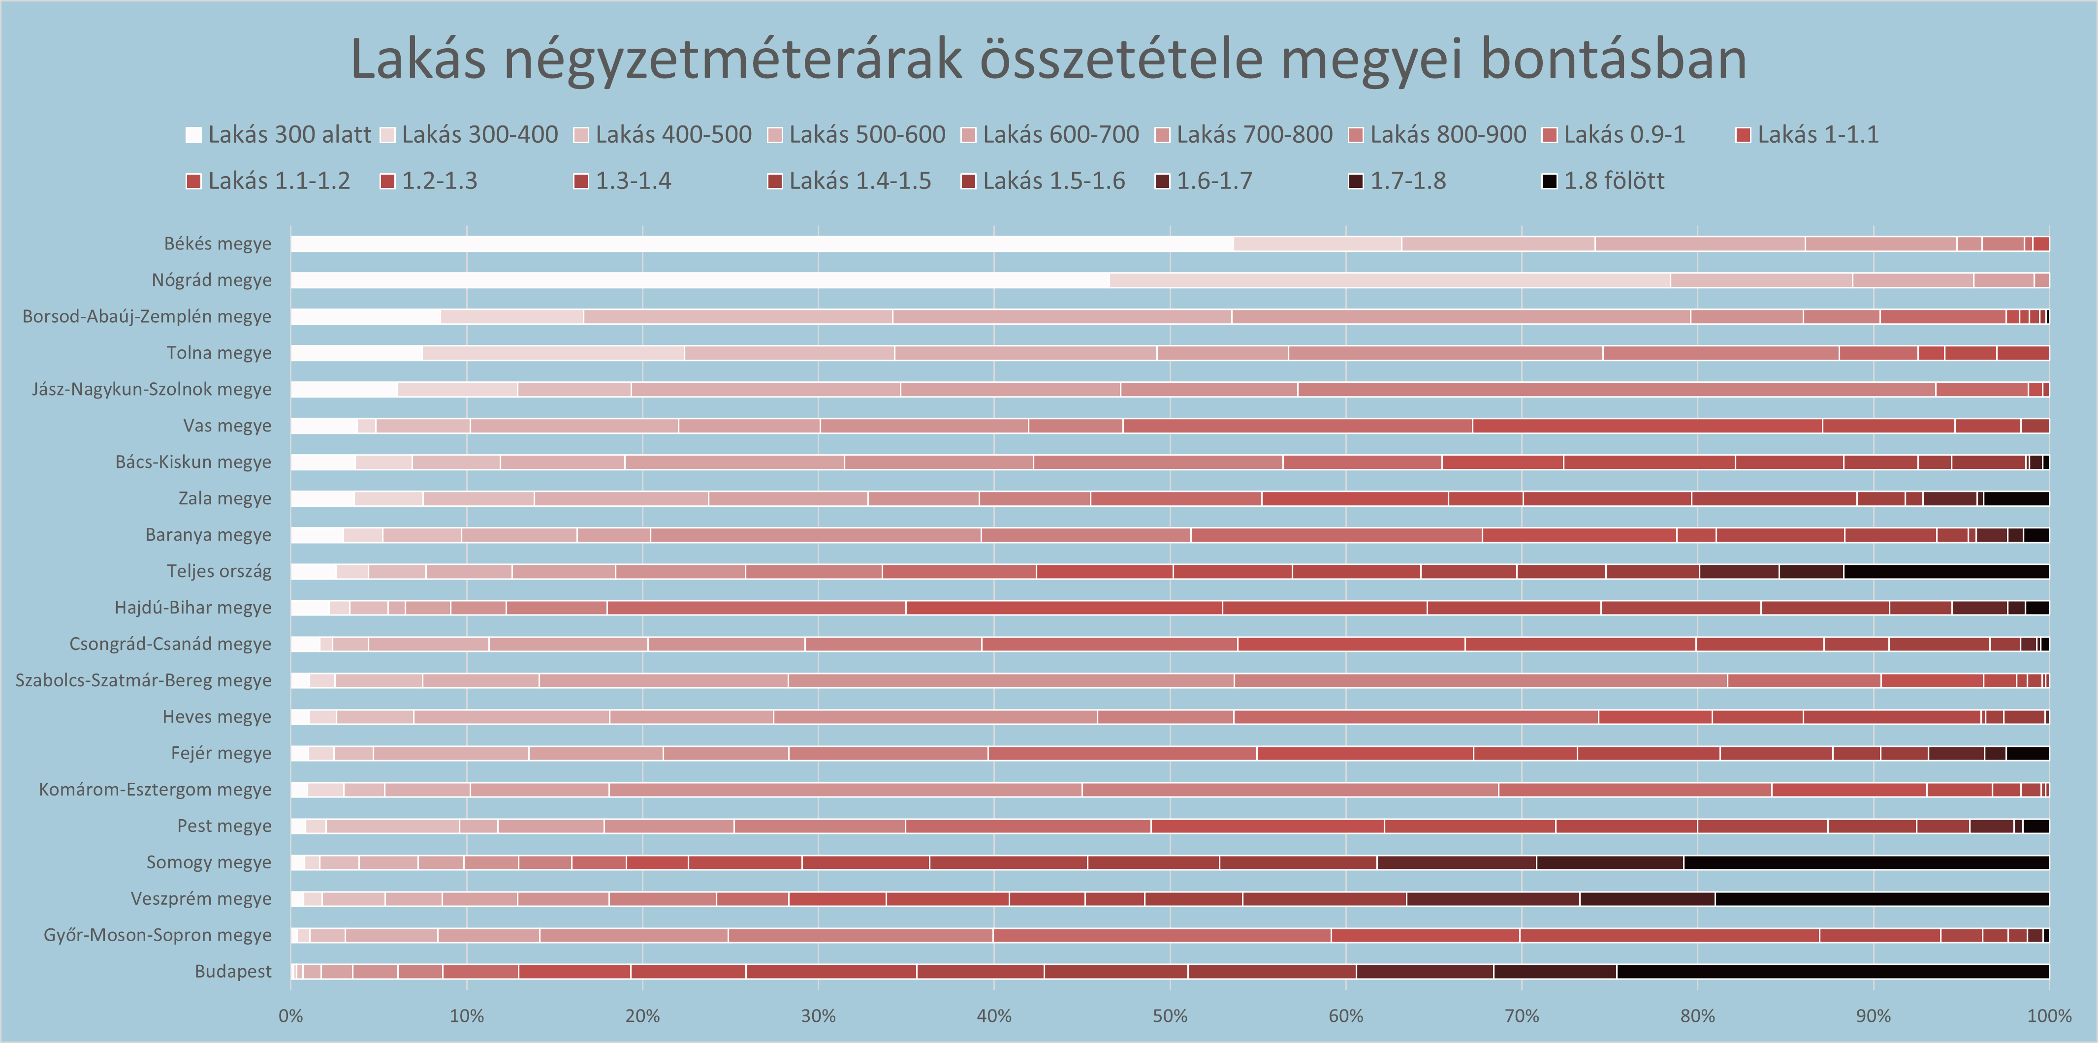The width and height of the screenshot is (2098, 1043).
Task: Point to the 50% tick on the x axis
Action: (1170, 1015)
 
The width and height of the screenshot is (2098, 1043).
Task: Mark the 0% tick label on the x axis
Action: (291, 1015)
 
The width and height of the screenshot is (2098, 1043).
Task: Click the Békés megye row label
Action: (218, 244)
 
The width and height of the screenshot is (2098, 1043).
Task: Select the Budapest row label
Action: (233, 971)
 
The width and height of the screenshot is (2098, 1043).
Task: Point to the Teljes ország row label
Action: (219, 571)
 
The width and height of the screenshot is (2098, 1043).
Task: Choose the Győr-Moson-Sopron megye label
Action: (157, 935)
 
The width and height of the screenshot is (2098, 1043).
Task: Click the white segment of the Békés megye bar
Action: (762, 244)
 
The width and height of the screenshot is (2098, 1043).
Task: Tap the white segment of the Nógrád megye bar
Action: (700, 280)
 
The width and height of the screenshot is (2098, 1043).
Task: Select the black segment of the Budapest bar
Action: (1833, 971)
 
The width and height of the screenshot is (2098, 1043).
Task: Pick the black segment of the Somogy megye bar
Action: (1866, 862)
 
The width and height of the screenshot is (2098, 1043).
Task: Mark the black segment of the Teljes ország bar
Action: (1946, 571)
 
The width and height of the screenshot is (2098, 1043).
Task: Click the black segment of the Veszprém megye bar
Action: (1881, 899)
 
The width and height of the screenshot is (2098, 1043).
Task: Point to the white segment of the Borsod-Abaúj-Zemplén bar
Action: (366, 317)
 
